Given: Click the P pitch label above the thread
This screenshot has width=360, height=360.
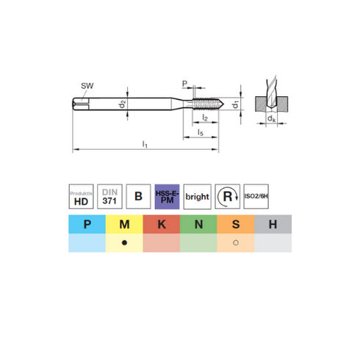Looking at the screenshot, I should [x=184, y=84].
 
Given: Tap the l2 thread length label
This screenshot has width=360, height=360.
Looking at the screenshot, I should [x=206, y=118].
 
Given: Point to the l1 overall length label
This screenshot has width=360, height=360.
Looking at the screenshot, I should [x=145, y=145].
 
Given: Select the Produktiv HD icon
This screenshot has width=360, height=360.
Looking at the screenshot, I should [x=82, y=195].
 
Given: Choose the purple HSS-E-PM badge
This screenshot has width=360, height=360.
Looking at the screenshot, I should [x=168, y=195].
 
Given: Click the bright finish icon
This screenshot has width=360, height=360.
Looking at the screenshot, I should [x=196, y=196].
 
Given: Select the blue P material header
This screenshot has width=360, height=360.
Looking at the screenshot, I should [x=87, y=224].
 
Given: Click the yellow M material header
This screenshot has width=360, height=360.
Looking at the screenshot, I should [x=125, y=224].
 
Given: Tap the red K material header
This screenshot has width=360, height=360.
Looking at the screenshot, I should [x=162, y=224].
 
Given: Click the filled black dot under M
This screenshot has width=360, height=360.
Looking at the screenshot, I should [x=125, y=243].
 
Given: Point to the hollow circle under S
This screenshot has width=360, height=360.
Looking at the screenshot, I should [x=236, y=243].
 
